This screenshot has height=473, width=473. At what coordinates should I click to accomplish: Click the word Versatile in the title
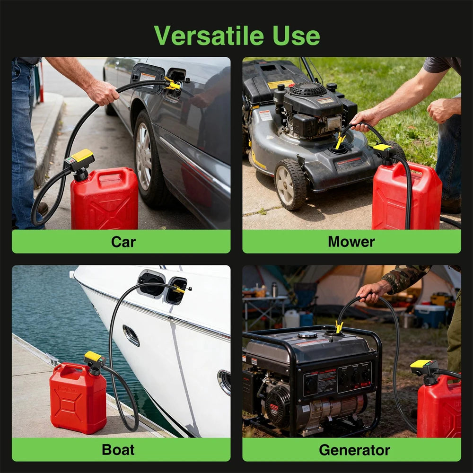pyautogui.click(x=209, y=35)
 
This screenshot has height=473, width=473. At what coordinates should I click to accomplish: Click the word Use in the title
pyautogui.click(x=296, y=35)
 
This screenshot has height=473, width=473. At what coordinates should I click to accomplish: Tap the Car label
pyautogui.click(x=123, y=242)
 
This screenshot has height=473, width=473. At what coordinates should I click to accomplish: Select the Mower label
pyautogui.click(x=351, y=242)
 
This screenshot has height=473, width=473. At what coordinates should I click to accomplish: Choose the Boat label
pyautogui.click(x=118, y=449)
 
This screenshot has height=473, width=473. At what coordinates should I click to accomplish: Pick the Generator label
pyautogui.click(x=354, y=449)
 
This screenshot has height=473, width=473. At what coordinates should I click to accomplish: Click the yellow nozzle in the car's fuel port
pyautogui.click(x=173, y=85)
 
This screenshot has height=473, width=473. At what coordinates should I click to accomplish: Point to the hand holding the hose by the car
pyautogui.click(x=103, y=92)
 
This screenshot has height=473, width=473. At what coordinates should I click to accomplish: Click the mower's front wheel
pyautogui.click(x=289, y=185)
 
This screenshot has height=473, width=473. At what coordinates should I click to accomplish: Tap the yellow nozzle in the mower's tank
pyautogui.click(x=340, y=141)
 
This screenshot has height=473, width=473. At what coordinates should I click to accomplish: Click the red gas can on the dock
pyautogui.click(x=78, y=397)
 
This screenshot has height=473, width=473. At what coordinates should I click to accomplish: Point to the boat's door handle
pyautogui.click(x=131, y=335)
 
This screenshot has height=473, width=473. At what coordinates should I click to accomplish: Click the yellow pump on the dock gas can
pyautogui.click(x=94, y=358)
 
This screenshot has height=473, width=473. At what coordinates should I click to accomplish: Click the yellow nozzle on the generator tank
pyautogui.click(x=339, y=327)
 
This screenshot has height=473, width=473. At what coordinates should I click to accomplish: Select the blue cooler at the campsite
pyautogui.click(x=430, y=315)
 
